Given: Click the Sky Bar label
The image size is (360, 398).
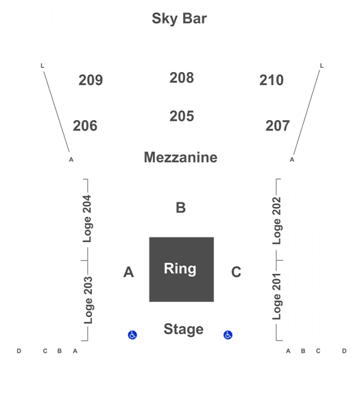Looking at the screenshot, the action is click(x=180, y=19).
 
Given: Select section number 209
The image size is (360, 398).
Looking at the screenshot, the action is click(x=91, y=80).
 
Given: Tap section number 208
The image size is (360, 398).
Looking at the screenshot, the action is click(x=182, y=78).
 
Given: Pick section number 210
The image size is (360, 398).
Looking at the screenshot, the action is click(x=272, y=80).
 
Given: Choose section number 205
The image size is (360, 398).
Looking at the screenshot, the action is click(x=182, y=116).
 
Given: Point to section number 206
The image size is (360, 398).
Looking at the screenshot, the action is click(x=85, y=126).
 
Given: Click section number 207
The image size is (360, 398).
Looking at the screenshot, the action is click(x=278, y=126).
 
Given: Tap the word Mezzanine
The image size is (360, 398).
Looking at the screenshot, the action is click(x=180, y=157).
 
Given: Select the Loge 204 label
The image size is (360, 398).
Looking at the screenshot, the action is click(x=88, y=219).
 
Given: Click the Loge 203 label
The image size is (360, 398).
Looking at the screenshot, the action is click(x=88, y=300).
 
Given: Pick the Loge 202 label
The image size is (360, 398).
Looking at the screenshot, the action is click(x=277, y=220).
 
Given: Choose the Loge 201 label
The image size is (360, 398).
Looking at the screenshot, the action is click(x=277, y=296).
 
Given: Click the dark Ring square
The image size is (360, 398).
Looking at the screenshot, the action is click(x=182, y=270).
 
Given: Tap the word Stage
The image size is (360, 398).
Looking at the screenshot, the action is click(x=183, y=329).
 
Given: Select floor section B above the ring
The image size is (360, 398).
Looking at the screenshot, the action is click(x=180, y=208).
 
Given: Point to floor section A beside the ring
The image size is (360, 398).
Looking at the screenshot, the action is click(x=129, y=272).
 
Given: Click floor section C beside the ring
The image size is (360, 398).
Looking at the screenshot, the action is click(x=236, y=272).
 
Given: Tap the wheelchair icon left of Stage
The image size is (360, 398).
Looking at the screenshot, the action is click(x=132, y=335).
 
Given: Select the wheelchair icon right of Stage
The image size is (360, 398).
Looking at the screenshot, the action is click(x=228, y=335).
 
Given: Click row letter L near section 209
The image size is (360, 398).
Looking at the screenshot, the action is click(x=43, y=66).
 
